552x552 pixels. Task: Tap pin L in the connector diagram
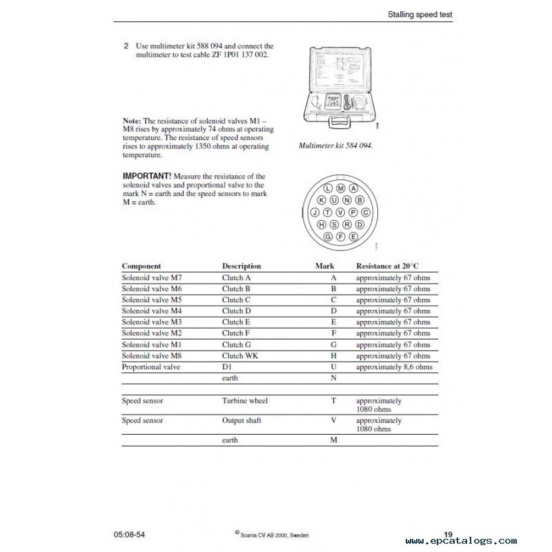tap(327, 188)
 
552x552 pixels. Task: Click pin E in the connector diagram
tap(353, 237)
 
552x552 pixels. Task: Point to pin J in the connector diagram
tap(315, 213)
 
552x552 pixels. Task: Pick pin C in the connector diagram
tap(365, 213)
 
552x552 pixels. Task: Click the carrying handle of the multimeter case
tap(340, 122)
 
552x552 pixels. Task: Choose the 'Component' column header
tap(141, 266)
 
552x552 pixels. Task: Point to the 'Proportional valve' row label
tap(151, 367)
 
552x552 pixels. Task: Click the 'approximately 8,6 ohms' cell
tap(394, 367)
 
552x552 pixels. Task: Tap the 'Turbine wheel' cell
tap(245, 400)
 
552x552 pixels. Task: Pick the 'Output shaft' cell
tap(241, 420)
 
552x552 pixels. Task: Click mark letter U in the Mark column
tap(333, 367)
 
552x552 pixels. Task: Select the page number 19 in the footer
tap(448, 534)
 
